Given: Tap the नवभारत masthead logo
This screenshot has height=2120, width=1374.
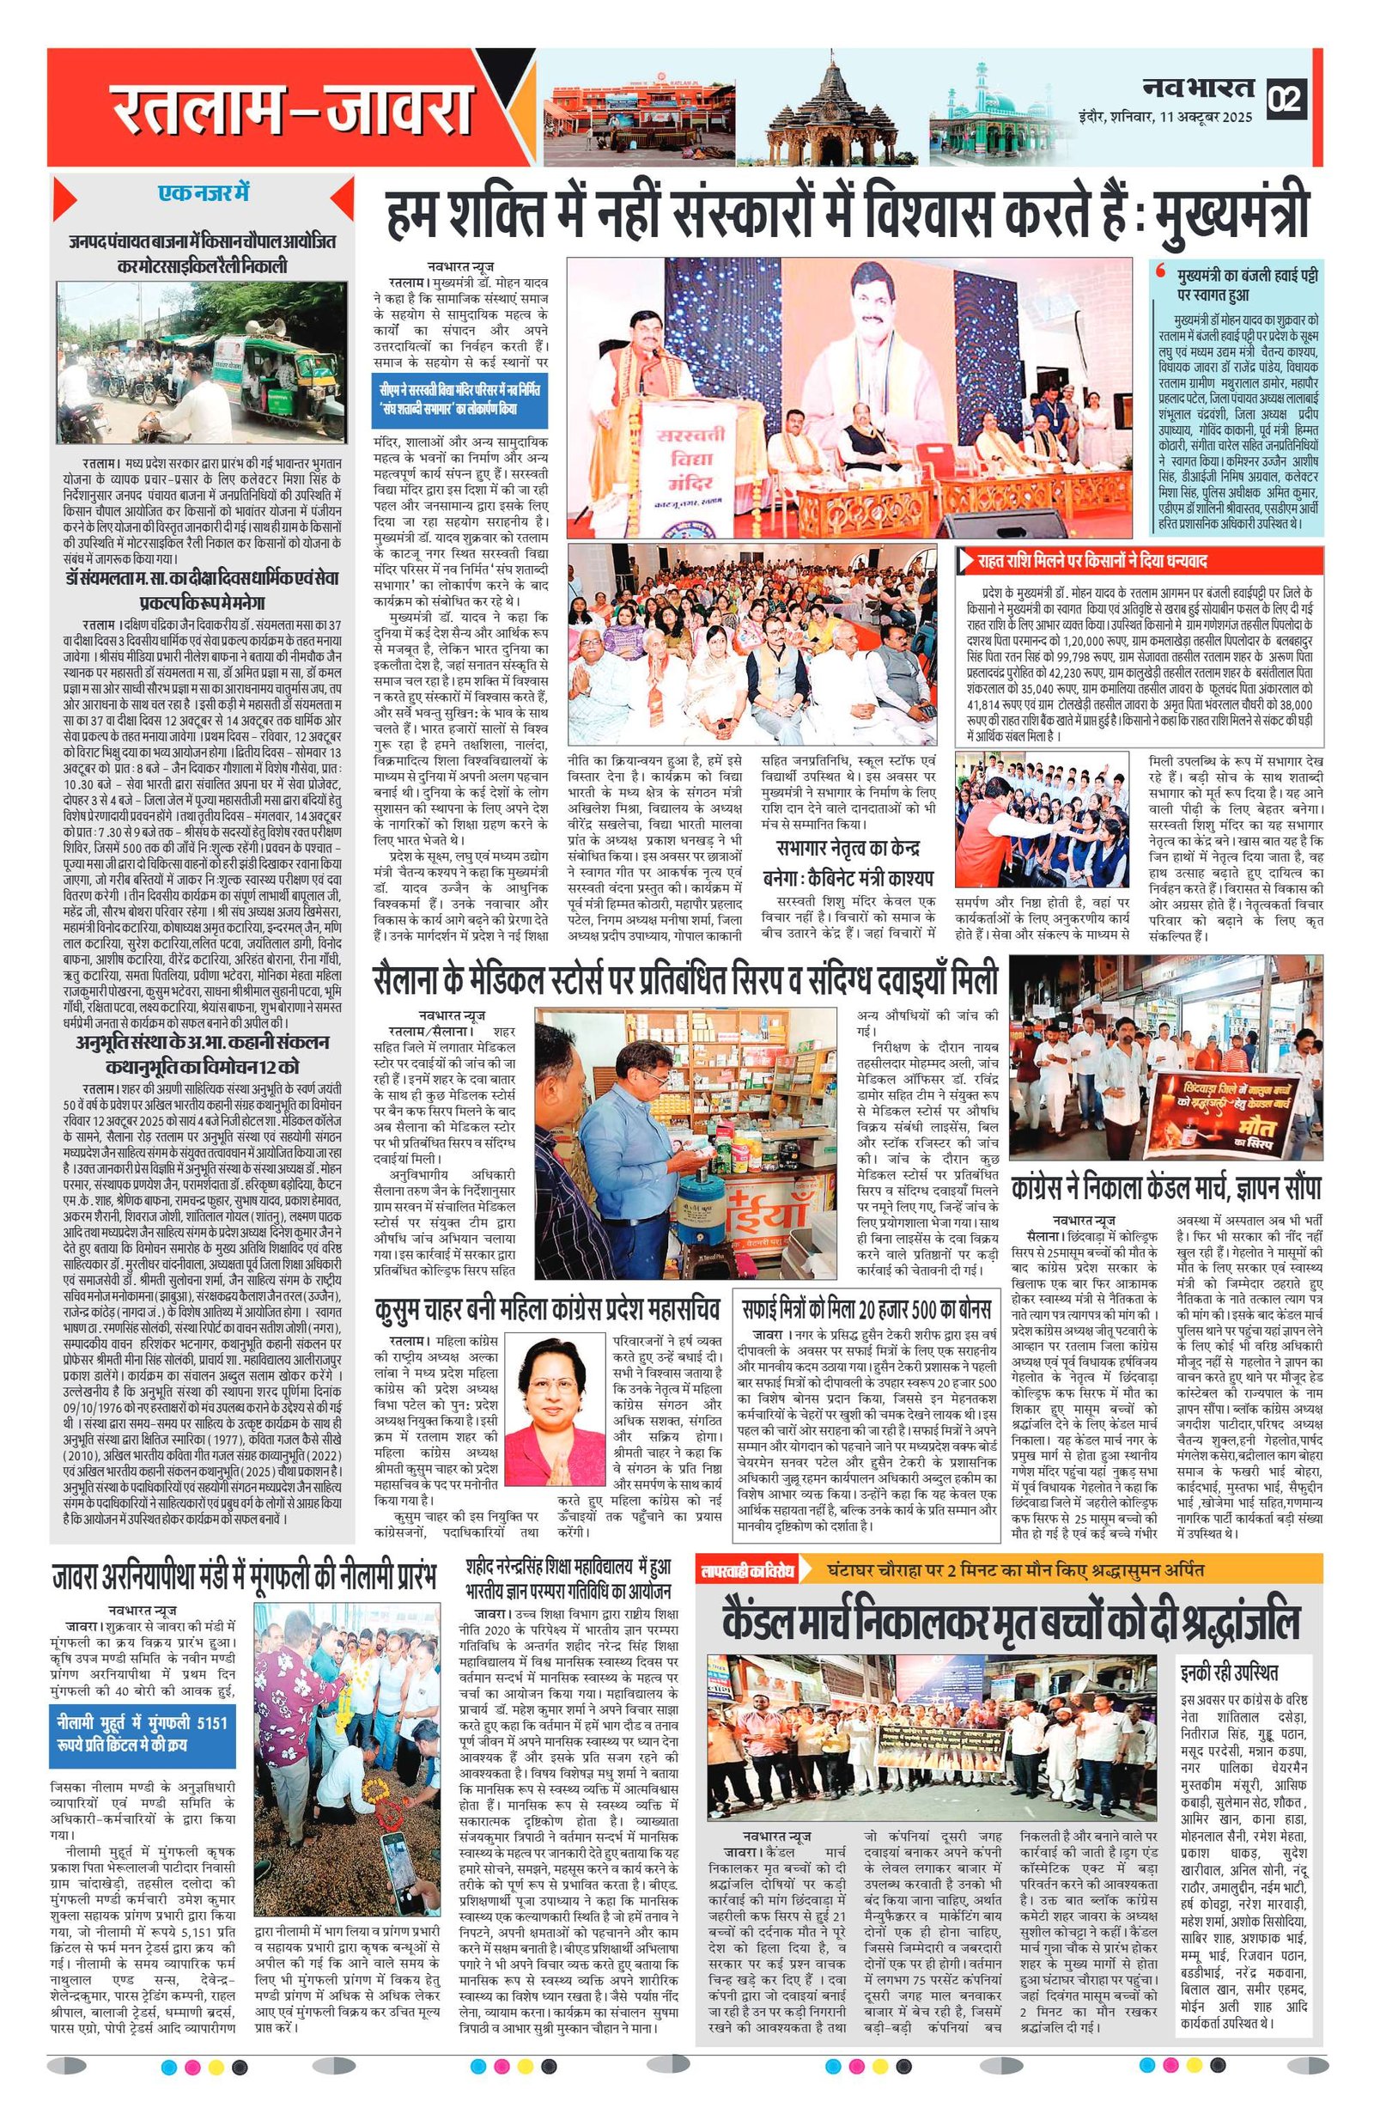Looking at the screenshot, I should [x=1199, y=88].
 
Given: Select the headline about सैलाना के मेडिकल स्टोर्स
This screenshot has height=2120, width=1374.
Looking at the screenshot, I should [x=691, y=981].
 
